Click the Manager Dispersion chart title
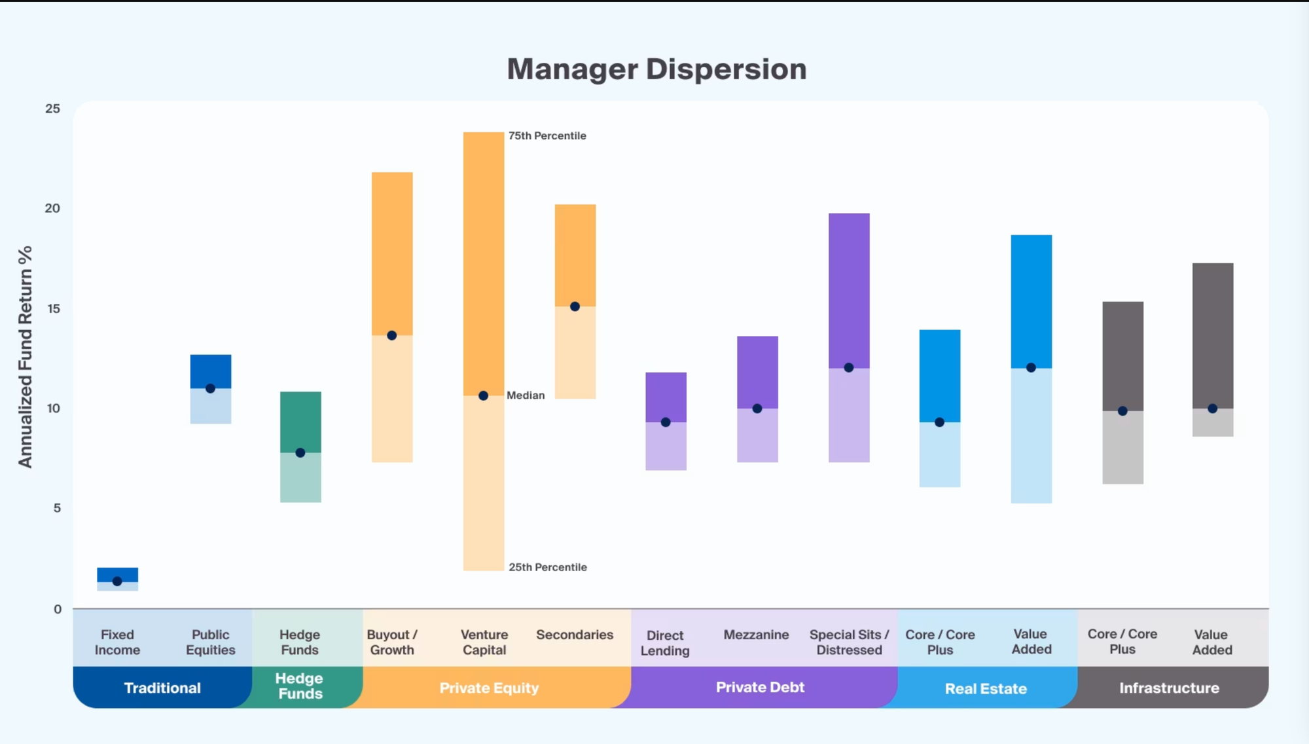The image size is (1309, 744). [656, 69]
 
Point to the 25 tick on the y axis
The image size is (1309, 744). [52, 109]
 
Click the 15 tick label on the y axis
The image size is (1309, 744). [53, 308]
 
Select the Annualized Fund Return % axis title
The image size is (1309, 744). [25, 357]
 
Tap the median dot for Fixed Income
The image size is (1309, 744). [117, 581]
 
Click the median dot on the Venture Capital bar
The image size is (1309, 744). [483, 396]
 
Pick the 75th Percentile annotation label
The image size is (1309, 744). [547, 136]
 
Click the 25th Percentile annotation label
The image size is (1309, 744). [547, 567]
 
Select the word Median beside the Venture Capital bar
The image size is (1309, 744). [526, 395]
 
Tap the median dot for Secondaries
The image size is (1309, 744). [575, 307]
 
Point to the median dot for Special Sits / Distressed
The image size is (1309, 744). [849, 367]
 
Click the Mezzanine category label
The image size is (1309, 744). [756, 635]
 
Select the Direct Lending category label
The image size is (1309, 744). [665, 642]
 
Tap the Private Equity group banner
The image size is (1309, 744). [489, 688]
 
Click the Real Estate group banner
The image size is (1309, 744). [986, 688]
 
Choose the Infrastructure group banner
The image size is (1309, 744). [1169, 688]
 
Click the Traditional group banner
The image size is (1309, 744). [162, 688]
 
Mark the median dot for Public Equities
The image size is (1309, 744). [210, 388]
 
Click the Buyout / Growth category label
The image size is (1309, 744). [391, 642]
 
